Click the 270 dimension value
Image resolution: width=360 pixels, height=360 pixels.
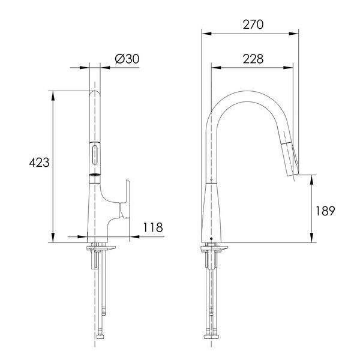253,25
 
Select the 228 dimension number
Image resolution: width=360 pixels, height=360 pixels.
253,59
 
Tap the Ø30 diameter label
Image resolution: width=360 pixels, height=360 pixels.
127,59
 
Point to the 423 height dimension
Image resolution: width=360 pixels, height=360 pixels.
39,163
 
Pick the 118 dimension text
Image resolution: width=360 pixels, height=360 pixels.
153,227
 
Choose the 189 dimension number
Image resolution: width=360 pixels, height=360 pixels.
325,211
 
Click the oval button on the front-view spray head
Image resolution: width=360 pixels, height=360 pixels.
95,155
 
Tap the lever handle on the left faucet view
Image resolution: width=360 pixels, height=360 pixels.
125,199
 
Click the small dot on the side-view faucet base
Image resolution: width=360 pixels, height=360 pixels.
211,239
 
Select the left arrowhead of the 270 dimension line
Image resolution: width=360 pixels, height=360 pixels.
206,34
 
